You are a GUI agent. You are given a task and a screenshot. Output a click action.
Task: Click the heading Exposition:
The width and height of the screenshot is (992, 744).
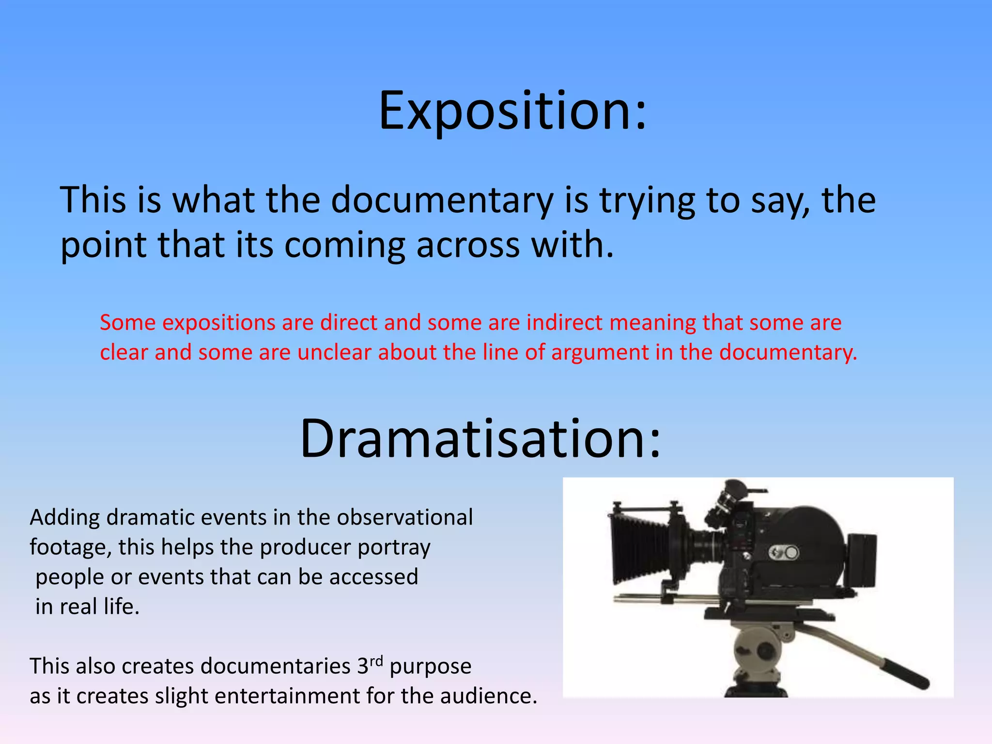tap(512, 111)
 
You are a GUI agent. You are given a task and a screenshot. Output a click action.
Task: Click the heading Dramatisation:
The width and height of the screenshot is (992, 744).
tap(480, 439)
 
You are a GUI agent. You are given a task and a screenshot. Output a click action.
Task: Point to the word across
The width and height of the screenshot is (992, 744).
tap(467, 246)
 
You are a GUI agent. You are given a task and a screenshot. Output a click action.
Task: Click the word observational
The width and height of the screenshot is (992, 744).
tap(404, 517)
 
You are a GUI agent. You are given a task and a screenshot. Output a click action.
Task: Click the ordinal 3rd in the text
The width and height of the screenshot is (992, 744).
tap(370, 665)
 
